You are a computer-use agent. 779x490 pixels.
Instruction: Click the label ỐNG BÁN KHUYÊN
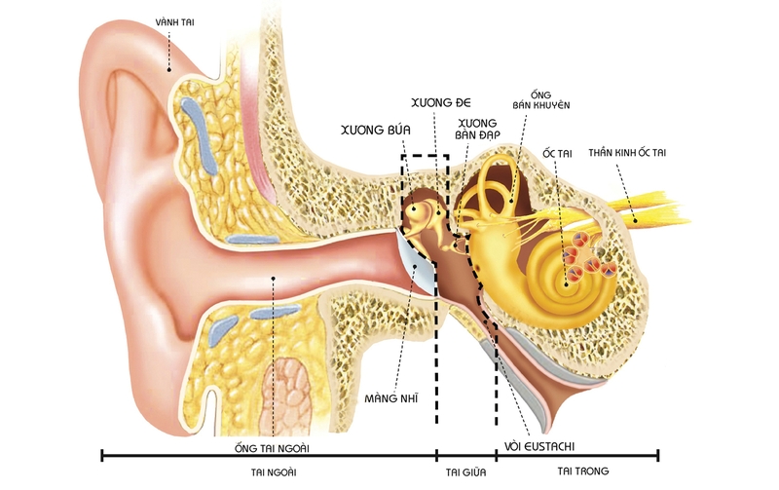[x=540, y=97]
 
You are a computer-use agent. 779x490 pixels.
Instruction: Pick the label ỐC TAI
[x=555, y=154]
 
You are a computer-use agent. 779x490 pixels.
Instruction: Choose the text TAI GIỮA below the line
[x=464, y=471]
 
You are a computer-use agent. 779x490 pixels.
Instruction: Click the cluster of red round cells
[x=589, y=255]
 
